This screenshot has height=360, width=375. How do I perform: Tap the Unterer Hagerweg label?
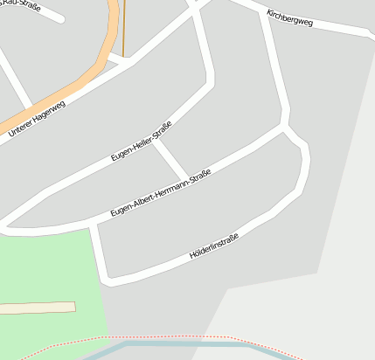[38, 117]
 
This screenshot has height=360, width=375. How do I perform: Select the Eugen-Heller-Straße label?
[141, 141]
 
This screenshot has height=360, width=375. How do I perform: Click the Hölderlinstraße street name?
[214, 241]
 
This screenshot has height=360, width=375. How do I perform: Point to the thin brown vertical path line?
[123, 26]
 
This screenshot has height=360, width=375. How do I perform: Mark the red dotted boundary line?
[175, 336]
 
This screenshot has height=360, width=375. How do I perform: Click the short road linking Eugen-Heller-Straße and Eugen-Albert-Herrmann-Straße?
[170, 159]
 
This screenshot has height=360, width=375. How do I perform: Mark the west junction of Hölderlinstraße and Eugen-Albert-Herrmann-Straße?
[93, 225]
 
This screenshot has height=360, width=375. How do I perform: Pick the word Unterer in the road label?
[22, 127]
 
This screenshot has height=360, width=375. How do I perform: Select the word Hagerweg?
[49, 111]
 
